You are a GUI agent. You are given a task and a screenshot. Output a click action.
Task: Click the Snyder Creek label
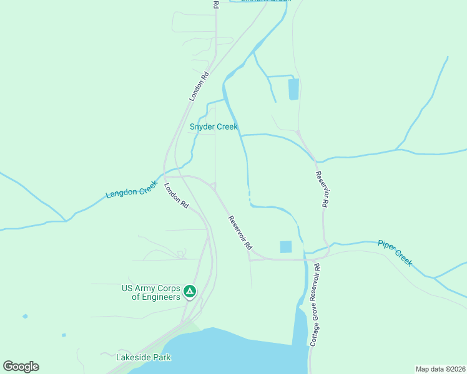[x=214, y=127]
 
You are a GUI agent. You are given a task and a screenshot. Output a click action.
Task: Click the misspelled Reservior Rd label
[x=322, y=189]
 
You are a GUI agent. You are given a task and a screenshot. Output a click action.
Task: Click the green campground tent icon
[x=190, y=291]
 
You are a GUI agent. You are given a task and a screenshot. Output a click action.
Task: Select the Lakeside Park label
[x=144, y=357]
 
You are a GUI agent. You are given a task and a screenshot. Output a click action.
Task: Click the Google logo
[x=21, y=367]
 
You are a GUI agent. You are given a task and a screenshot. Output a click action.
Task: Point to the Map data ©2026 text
[x=440, y=368]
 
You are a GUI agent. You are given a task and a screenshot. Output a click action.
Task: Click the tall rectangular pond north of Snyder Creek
[x=293, y=89]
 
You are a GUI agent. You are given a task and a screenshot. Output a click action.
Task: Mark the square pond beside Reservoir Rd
[x=286, y=247]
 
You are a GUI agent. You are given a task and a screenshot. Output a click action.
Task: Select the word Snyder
[x=202, y=127]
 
